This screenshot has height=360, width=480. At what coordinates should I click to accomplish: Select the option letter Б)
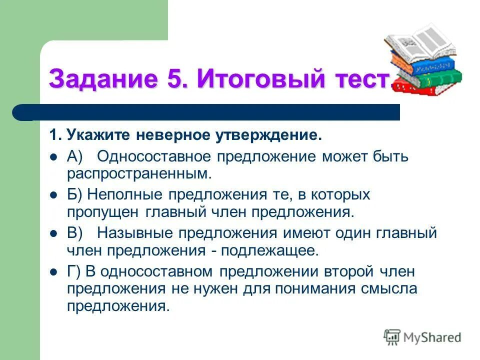point(75,195)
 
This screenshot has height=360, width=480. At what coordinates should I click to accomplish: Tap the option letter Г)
point(74,271)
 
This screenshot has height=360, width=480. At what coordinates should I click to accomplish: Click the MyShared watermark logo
point(422,337)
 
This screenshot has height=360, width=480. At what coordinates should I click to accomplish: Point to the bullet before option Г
point(54,272)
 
